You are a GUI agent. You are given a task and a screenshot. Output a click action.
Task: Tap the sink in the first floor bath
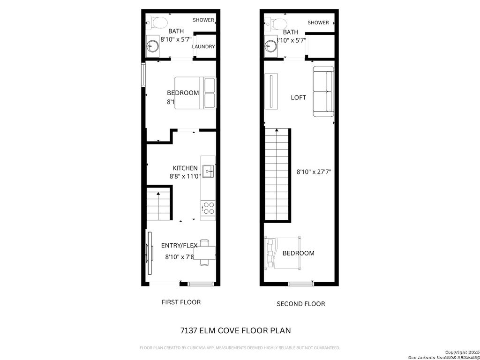click(x=152, y=46)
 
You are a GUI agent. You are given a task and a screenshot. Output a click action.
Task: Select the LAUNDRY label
click(x=203, y=47)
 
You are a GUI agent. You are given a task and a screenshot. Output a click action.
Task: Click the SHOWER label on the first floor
click(x=203, y=20)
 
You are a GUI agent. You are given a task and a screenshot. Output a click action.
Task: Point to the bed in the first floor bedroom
click(x=195, y=93)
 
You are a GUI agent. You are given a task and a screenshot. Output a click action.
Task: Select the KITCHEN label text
click(x=185, y=168)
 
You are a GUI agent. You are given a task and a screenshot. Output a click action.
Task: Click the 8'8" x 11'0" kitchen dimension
click(x=185, y=177)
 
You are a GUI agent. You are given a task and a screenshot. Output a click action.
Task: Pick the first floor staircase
click(x=158, y=204)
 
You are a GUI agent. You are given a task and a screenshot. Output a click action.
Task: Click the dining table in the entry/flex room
click(x=204, y=253)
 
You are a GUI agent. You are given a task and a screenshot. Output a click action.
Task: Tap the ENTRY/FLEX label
click(x=179, y=246)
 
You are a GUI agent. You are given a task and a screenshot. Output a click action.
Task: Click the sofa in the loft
click(x=323, y=92)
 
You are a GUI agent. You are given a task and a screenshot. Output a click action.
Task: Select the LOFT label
click(x=299, y=97)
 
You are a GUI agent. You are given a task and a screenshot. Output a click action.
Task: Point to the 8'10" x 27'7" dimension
click(x=315, y=172)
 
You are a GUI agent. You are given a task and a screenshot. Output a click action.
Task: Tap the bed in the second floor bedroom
click(x=284, y=253)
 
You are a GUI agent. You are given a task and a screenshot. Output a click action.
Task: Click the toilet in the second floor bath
click(x=277, y=22)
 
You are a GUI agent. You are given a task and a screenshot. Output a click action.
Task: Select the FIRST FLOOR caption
click(x=181, y=302)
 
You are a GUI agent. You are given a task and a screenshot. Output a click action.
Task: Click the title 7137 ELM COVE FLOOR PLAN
click(x=235, y=330)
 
